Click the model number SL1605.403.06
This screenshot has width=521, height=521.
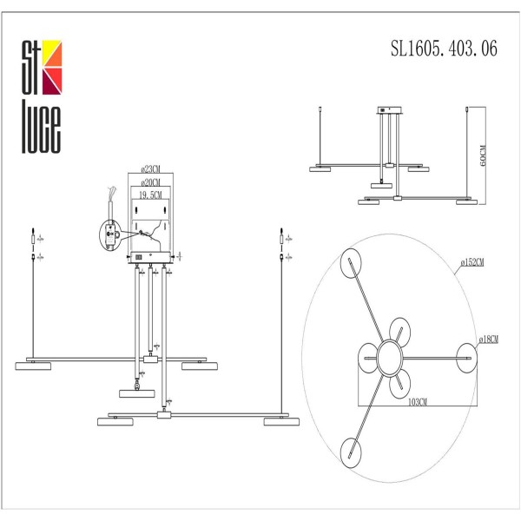point(444,49)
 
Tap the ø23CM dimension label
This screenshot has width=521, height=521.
point(150,169)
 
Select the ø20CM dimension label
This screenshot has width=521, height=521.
point(150,182)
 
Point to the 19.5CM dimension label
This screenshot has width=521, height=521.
point(150,195)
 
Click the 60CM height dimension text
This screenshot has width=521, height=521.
point(483,155)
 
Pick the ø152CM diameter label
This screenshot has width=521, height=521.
point(472,262)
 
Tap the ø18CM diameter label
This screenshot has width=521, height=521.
point(488,340)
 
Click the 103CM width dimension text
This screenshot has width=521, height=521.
point(418,402)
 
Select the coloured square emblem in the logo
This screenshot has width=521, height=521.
point(52,68)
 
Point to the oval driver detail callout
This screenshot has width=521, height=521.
point(110,234)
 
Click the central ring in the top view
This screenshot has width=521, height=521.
point(390,358)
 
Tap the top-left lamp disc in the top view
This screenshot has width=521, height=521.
point(351,263)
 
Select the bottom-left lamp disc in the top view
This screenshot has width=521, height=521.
point(351,453)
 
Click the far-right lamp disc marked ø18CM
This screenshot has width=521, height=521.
point(467,358)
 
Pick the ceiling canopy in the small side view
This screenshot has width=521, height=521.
point(389,110)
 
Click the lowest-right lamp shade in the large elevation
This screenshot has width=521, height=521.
point(281,422)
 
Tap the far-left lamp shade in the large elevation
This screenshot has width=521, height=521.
point(33,366)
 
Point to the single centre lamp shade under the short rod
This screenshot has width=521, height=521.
point(137,393)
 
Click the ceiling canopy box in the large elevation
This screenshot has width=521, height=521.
point(150,258)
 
